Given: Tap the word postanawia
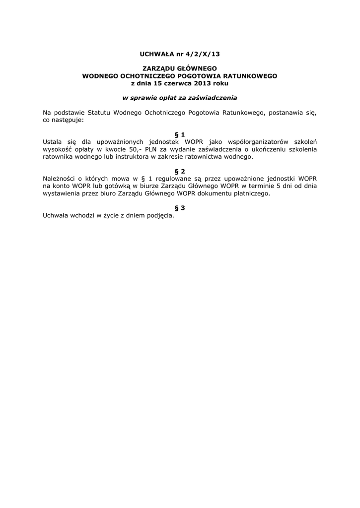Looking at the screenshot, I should point(287,113).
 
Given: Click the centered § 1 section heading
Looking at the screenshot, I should point(180,134).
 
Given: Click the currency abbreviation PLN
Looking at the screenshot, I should point(151,149).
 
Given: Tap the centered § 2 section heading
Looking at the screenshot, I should point(180,171).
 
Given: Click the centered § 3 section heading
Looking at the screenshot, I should point(180,208).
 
